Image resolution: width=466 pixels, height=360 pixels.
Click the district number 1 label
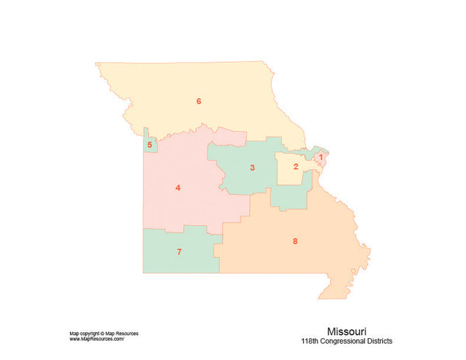click(321, 157)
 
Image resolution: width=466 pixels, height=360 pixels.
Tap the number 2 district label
click(296, 167)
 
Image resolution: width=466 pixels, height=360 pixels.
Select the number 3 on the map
click(252, 168)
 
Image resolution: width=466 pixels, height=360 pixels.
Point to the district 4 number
click(178, 188)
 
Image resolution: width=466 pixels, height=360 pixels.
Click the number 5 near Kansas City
click(150, 144)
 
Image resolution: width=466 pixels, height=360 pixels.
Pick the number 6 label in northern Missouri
click(199, 101)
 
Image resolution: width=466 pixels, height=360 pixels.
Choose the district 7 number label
click(179, 252)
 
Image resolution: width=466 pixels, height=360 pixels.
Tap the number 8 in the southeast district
click(295, 241)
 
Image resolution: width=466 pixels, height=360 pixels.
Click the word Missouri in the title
click(346, 330)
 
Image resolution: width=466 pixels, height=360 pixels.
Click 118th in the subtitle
click(311, 341)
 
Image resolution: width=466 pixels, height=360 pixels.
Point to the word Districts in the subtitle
click(380, 341)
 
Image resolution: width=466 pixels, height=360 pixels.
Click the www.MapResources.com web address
click(97, 339)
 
